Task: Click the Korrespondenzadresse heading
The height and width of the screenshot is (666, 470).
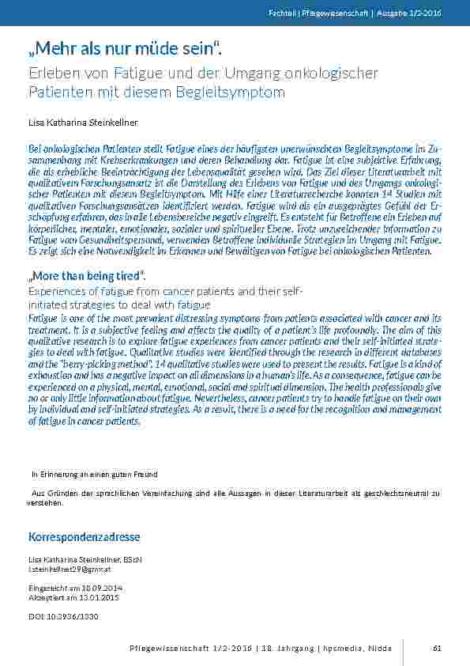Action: pyautogui.click(x=85, y=537)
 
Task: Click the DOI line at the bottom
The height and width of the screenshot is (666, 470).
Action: pyautogui.click(x=63, y=615)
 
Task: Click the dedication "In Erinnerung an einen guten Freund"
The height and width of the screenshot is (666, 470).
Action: pyautogui.click(x=94, y=475)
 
